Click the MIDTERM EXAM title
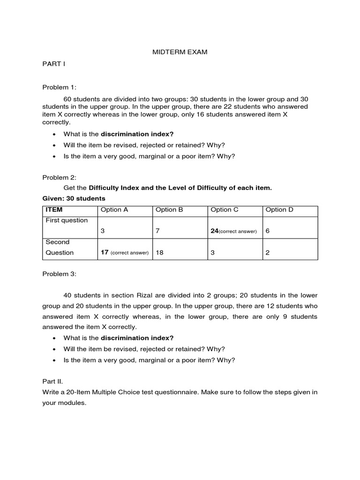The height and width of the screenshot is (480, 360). coord(180,52)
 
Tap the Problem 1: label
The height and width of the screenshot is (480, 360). coord(59,87)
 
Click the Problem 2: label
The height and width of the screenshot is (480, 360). coord(59,177)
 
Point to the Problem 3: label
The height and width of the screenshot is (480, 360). coord(59,273)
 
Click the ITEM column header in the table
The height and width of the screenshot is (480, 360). coord(54,210)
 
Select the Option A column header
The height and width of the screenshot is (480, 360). coord(114,210)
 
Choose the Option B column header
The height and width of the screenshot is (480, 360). coord(169,210)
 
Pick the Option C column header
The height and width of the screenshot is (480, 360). coord(225,210)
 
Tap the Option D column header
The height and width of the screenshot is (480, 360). coord(279,210)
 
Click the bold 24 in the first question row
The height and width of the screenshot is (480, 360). coord(215,231)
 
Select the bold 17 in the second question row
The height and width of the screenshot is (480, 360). coord(105,252)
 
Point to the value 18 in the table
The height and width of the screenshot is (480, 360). coord(160,252)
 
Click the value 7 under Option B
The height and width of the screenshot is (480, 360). coord(158,231)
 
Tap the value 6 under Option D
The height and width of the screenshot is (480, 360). coord(268,231)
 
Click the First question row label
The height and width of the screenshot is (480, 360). coord(67,220)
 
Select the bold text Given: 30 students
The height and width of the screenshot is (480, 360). coord(74,198)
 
